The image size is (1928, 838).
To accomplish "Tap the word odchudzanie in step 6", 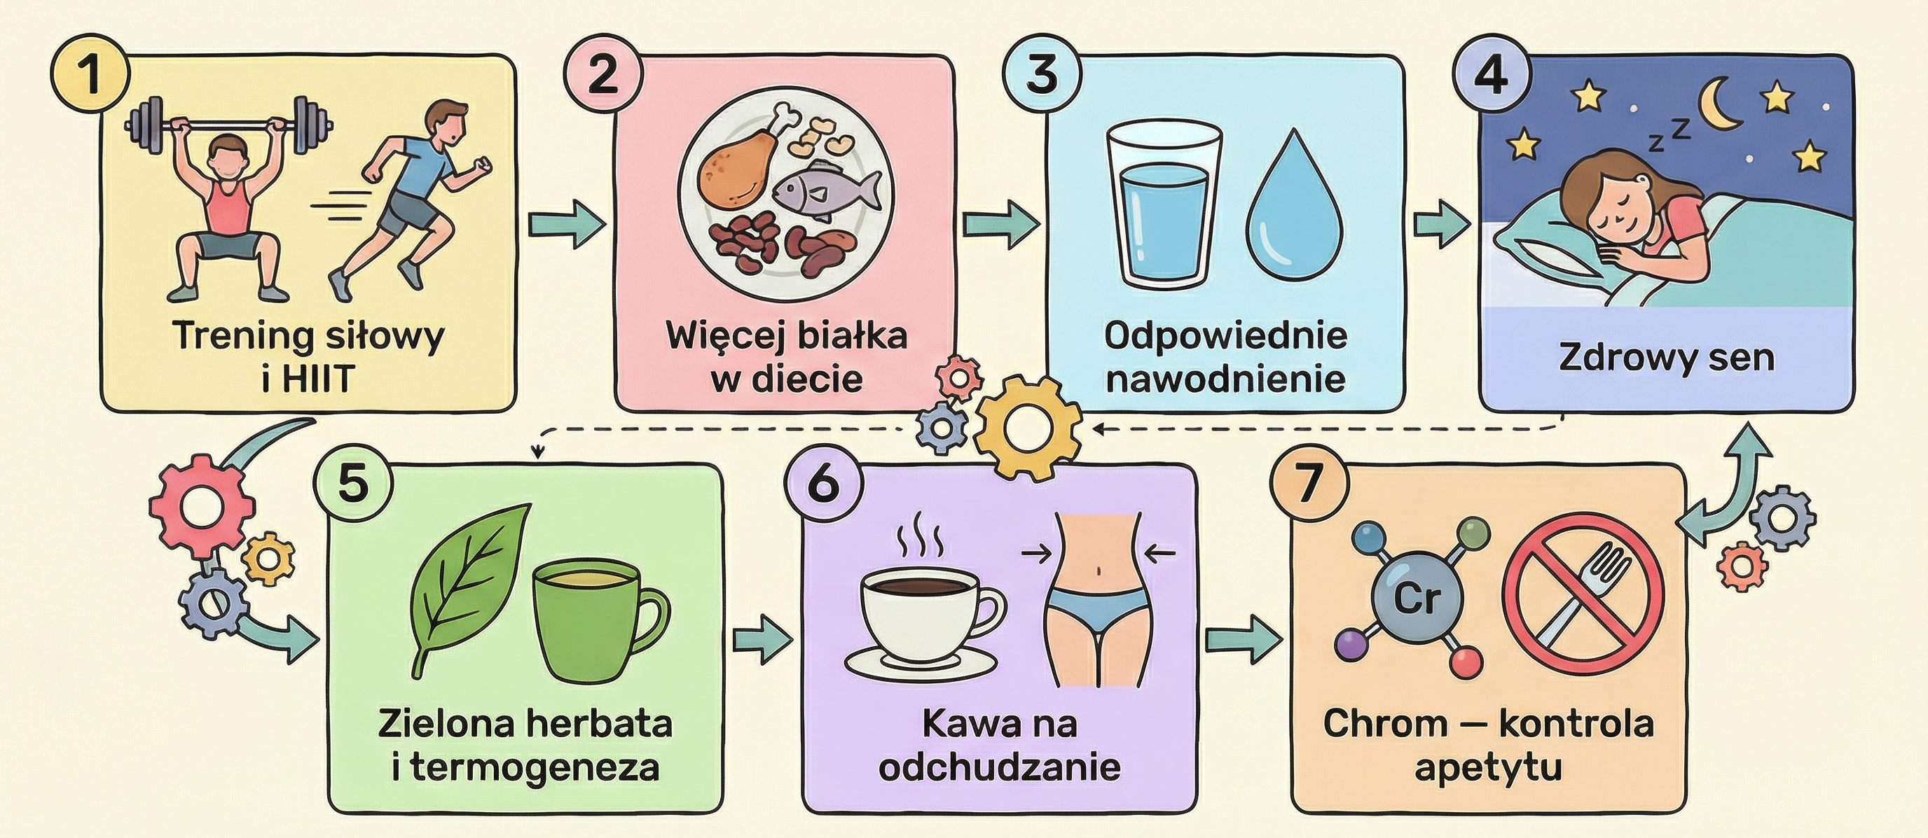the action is [999, 768].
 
